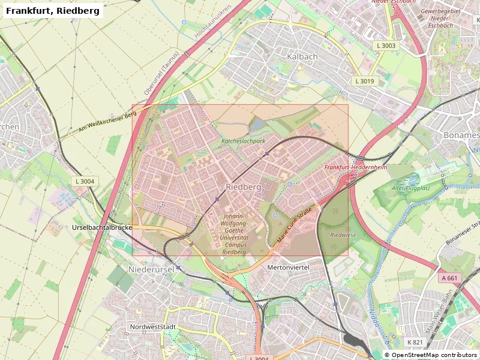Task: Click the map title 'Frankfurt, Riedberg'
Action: pos(52,11)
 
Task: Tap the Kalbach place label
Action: pos(302,56)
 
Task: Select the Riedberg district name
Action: pos(244,187)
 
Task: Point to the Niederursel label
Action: pos(151,270)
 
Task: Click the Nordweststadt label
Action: pos(152,327)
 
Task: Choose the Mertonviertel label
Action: pos(287,267)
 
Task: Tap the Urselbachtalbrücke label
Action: pos(101,228)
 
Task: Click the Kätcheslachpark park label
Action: pos(243,141)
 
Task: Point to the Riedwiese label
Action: pos(343,235)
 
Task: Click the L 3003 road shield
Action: pos(386,46)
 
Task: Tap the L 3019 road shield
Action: pos(364,81)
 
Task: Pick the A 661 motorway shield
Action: pos(449,278)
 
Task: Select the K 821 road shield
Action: pos(415,342)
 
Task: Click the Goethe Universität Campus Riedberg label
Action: pos(234,234)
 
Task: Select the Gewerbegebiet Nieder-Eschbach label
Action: pos(440,19)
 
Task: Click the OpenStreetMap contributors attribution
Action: pos(430,355)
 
